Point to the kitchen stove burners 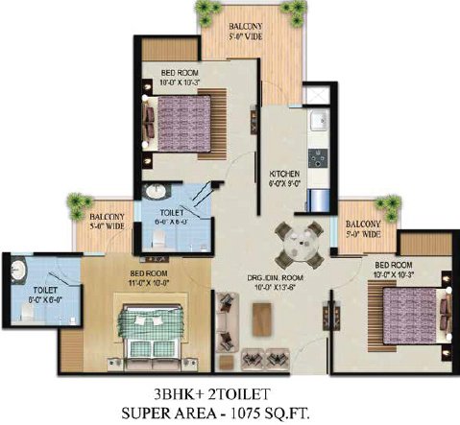point(315,156)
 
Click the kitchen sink point(316,122)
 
